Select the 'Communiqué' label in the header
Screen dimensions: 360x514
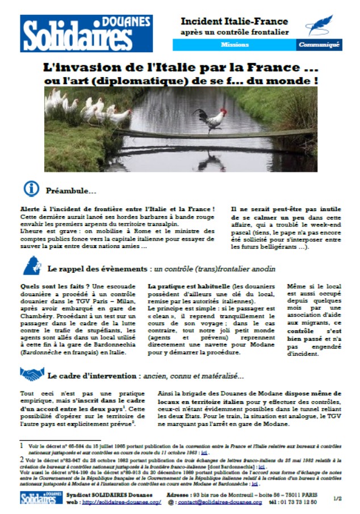pos(319,44)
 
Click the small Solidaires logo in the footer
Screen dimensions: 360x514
pos(39,498)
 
